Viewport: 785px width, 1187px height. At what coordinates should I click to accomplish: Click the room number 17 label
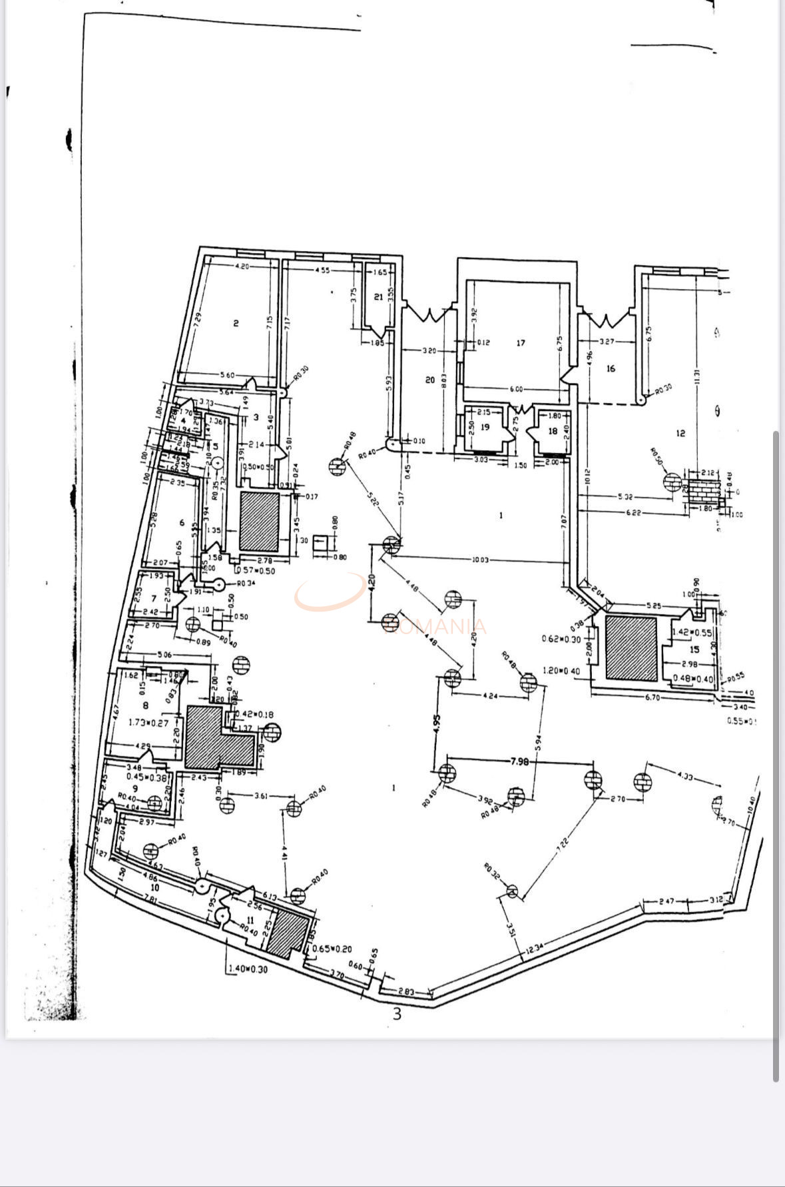pos(521,343)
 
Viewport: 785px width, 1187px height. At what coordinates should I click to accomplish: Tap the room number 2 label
pos(236,324)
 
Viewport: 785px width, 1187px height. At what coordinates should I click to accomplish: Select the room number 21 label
pos(378,296)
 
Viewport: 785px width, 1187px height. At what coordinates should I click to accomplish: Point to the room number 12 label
pos(680,434)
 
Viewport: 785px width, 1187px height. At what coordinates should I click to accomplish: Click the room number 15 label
pos(694,649)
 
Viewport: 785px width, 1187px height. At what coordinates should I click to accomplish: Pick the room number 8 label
pos(146,705)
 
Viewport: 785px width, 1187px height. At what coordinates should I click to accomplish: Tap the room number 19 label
pos(485,427)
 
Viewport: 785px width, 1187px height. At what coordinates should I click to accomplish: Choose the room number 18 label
pos(553,431)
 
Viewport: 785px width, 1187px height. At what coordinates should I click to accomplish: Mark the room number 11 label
pos(250,920)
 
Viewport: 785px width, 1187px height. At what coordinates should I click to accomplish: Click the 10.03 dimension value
pos(480,560)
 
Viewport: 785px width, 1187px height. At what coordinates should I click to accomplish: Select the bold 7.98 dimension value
pos(519,761)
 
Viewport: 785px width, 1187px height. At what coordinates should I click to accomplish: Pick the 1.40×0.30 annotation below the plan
pos(247,969)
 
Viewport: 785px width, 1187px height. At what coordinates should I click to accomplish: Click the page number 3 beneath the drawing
pos(397,1014)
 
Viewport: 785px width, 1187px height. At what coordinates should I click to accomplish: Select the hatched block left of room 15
pos(631,648)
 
